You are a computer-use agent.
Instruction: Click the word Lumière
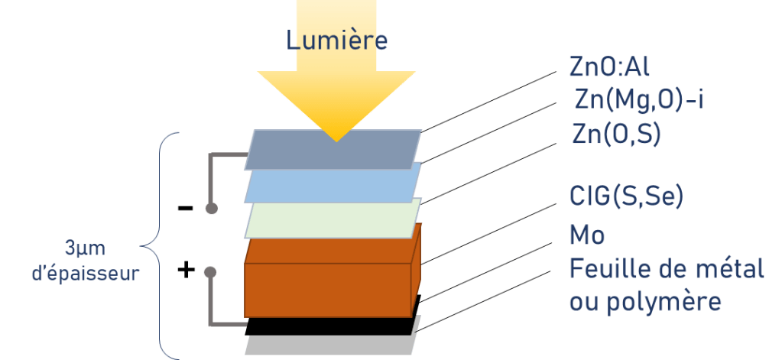point(337,40)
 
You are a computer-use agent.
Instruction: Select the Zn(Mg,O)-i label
point(639,99)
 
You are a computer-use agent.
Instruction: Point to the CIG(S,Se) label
point(626,196)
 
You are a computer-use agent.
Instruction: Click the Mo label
point(587,235)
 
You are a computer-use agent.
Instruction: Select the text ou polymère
point(646,301)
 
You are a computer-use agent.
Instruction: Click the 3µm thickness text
point(85,249)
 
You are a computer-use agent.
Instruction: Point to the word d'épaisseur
point(85,274)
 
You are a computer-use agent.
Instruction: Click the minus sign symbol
point(185,208)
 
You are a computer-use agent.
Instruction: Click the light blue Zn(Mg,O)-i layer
point(333,186)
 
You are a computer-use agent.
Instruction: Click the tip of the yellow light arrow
point(336,138)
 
